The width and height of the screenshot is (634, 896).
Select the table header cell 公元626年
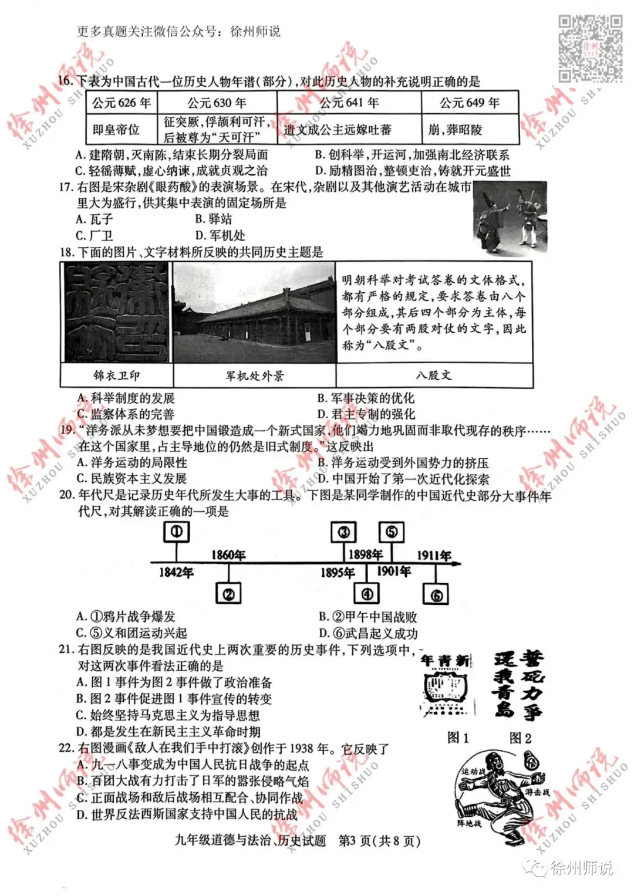pyautogui.click(x=122, y=103)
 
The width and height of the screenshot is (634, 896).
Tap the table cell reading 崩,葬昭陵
pyautogui.click(x=470, y=129)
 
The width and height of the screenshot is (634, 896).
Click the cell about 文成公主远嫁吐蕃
pyautogui.click(x=349, y=129)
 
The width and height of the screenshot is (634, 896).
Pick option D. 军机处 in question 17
pyautogui.click(x=220, y=236)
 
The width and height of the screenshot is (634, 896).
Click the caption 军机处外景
pyautogui.click(x=254, y=376)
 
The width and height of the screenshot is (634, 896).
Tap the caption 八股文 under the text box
pyautogui.click(x=434, y=376)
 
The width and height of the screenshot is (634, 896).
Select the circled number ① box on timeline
pyautogui.click(x=176, y=532)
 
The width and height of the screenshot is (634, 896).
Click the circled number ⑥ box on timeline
pyautogui.click(x=436, y=595)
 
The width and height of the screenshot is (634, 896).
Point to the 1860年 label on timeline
pyautogui.click(x=228, y=554)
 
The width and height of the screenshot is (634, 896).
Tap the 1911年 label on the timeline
pyautogui.click(x=434, y=555)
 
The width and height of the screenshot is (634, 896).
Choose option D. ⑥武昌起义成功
pyautogui.click(x=369, y=634)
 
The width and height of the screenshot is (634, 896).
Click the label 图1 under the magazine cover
pyautogui.click(x=458, y=738)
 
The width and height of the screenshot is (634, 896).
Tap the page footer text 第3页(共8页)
pyautogui.click(x=380, y=841)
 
